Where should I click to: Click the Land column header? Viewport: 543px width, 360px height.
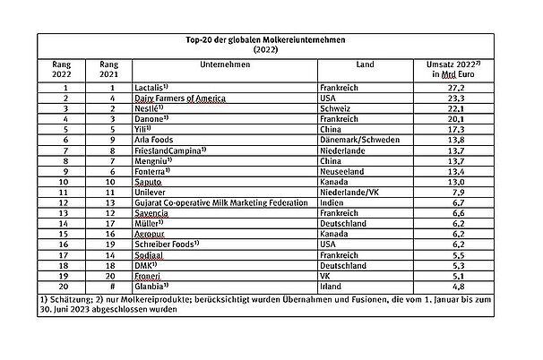click(365, 66)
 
